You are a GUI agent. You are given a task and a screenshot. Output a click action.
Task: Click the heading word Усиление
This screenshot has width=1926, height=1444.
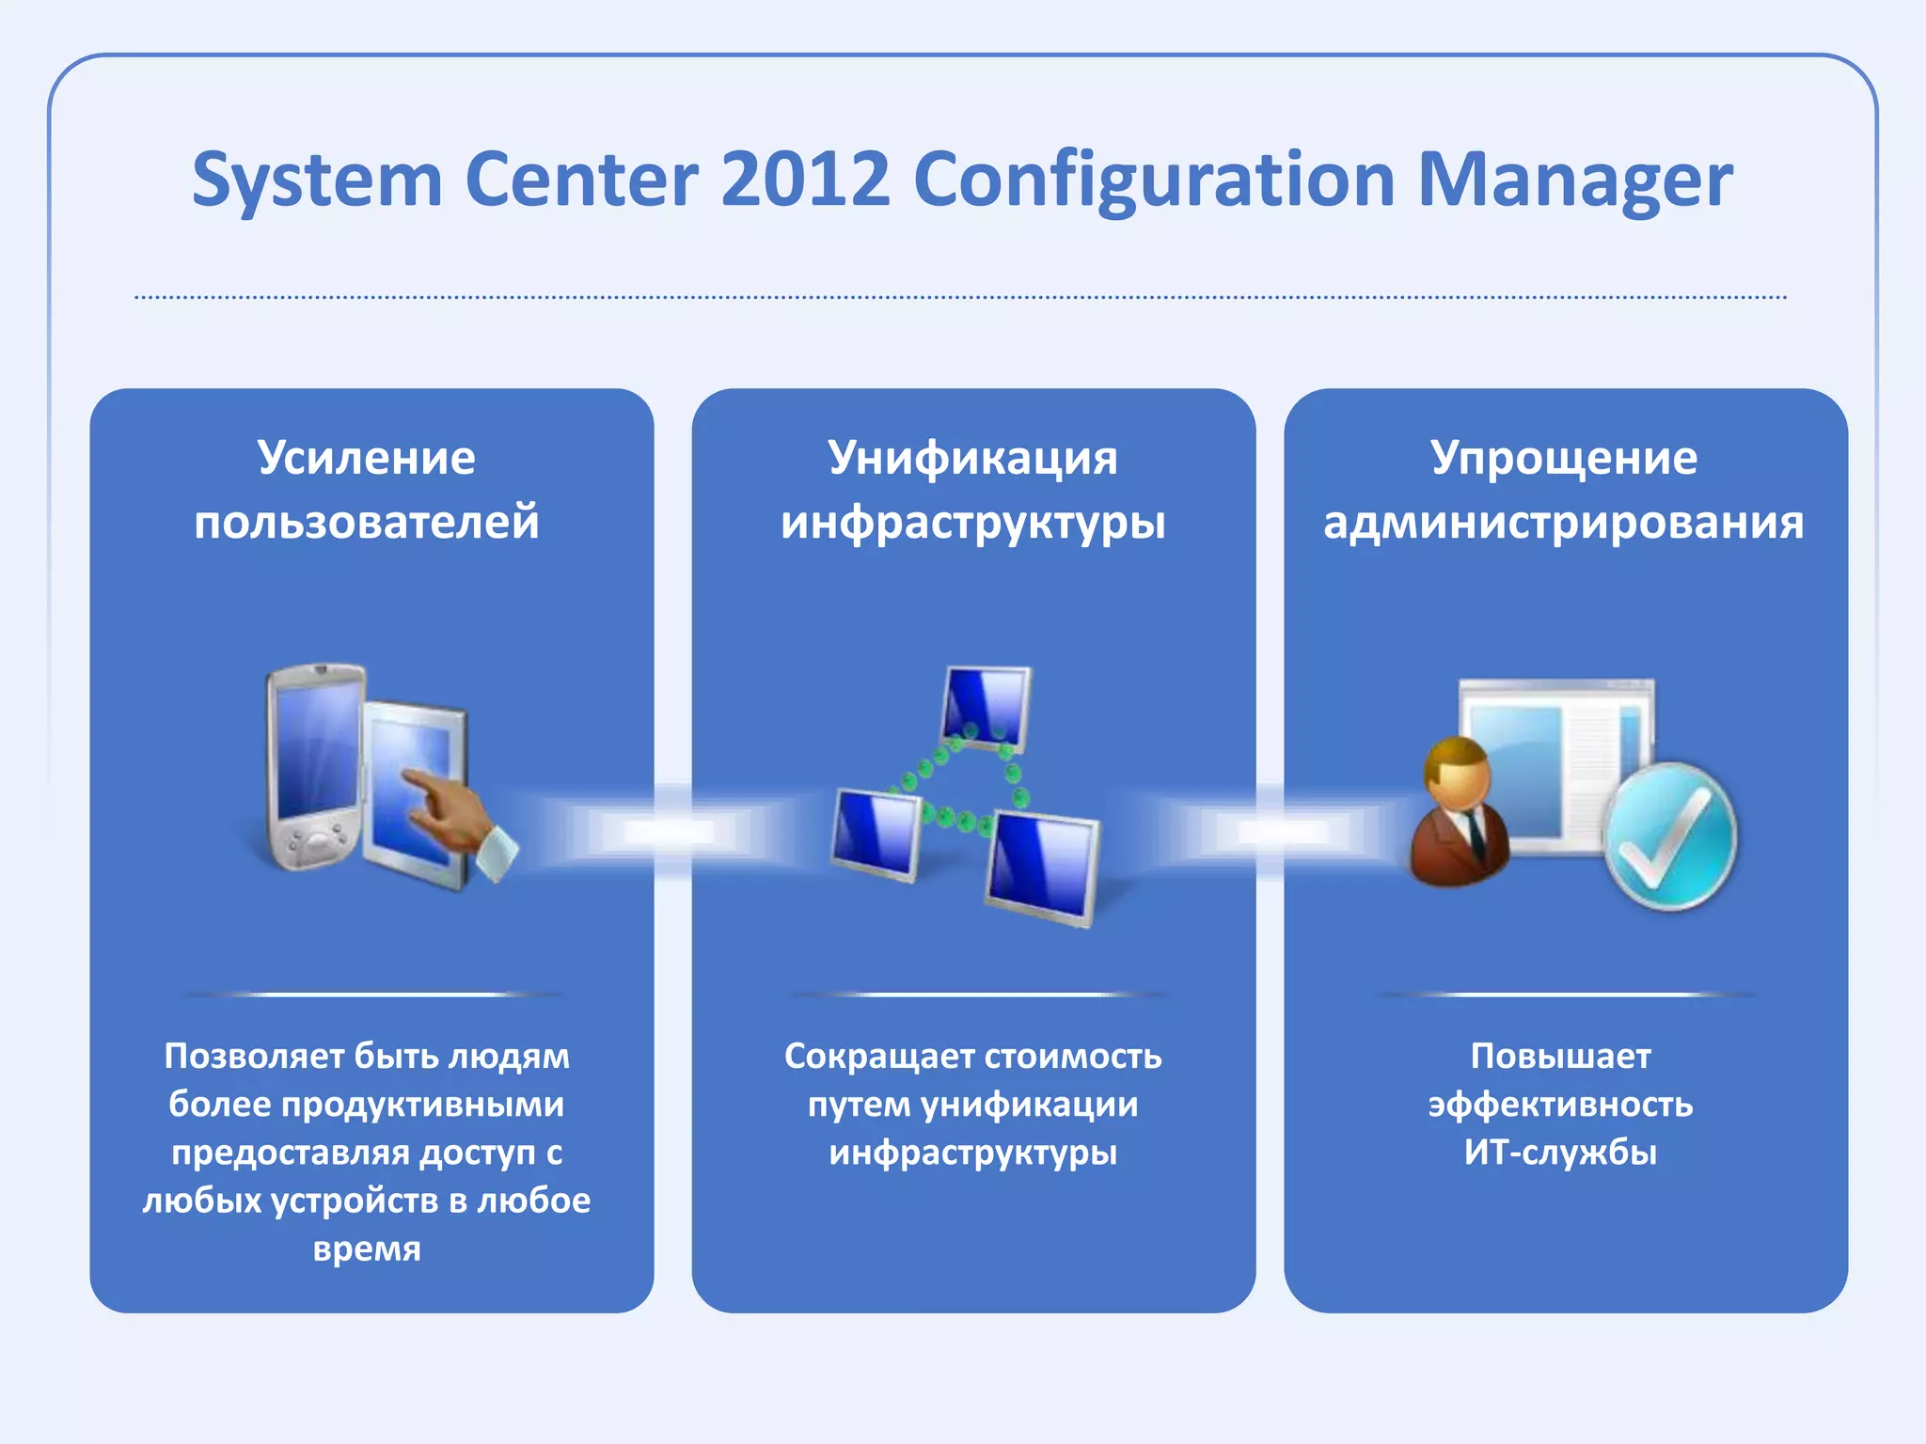coord(367,458)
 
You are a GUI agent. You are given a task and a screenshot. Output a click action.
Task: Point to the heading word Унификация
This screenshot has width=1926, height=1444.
coord(972,458)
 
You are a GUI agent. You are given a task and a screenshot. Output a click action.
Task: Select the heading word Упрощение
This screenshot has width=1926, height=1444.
coord(1563,458)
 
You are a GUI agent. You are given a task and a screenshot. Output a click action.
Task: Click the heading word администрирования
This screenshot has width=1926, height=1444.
coord(1563,522)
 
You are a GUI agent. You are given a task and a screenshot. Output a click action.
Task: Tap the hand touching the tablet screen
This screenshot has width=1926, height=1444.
coord(451,808)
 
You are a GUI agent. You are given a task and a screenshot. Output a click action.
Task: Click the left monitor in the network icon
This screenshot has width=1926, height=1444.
coord(876,832)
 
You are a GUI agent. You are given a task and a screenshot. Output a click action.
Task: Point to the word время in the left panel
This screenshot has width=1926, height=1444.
coord(367,1248)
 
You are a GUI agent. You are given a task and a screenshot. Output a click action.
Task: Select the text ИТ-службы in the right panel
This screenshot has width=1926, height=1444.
coord(1560,1152)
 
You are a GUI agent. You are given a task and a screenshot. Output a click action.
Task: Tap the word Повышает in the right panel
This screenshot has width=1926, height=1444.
coord(1560,1056)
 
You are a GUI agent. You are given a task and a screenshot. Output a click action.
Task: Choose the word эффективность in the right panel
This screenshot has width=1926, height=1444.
coord(1560,1104)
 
